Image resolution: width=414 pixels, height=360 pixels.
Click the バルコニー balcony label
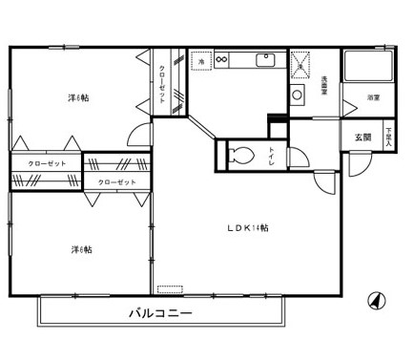click(161, 312)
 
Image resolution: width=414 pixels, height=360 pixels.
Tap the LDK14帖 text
click(247, 228)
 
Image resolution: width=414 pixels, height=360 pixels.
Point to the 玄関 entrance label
click(362, 137)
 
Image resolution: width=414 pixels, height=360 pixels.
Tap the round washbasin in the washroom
click(298, 95)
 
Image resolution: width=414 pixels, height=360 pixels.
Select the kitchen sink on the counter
click(263, 60)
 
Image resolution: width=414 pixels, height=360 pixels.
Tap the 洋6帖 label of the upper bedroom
click(78, 97)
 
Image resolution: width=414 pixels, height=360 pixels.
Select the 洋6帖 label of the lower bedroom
click(81, 249)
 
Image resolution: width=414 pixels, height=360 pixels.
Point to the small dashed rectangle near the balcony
click(171, 286)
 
